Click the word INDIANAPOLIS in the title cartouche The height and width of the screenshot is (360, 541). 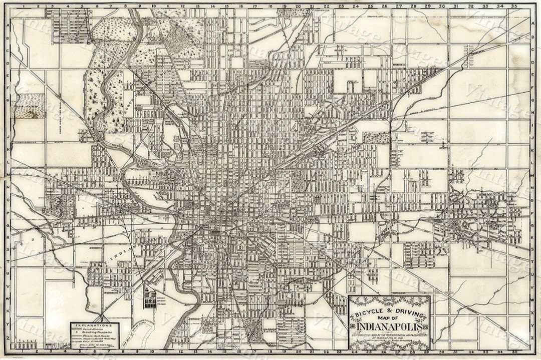(x=389, y=327)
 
